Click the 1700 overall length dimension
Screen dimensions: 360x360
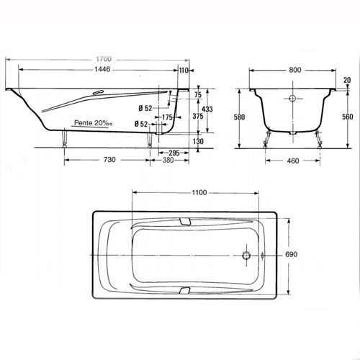104,59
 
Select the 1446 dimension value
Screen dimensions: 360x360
102,69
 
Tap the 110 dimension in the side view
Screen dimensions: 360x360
184,71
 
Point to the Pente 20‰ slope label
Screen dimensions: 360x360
93,123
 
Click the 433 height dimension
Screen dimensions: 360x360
207,109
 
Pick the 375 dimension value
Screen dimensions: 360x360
198,116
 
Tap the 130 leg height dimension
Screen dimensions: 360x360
198,141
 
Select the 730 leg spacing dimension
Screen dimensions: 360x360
109,160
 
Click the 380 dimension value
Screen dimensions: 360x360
168,160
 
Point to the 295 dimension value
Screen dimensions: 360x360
174,153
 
